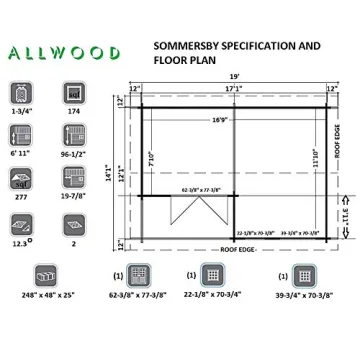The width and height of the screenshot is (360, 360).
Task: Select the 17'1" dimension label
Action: (233, 89)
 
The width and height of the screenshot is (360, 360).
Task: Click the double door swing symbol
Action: (186, 209)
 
